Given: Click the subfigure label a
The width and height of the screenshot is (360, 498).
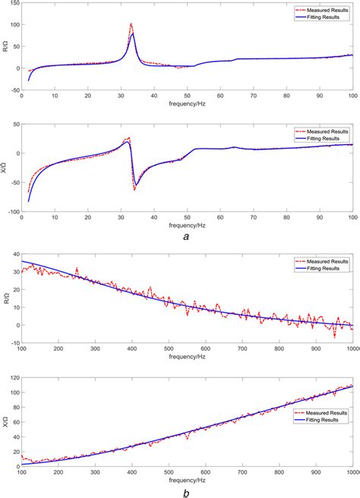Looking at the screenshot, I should [x=186, y=238].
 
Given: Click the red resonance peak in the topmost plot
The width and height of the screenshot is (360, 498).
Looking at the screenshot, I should [x=131, y=24].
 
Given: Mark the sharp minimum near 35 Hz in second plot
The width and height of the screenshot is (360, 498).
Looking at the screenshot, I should [x=135, y=188].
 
